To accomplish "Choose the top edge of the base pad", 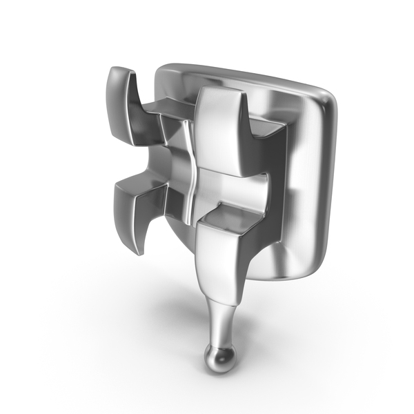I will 241,74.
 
